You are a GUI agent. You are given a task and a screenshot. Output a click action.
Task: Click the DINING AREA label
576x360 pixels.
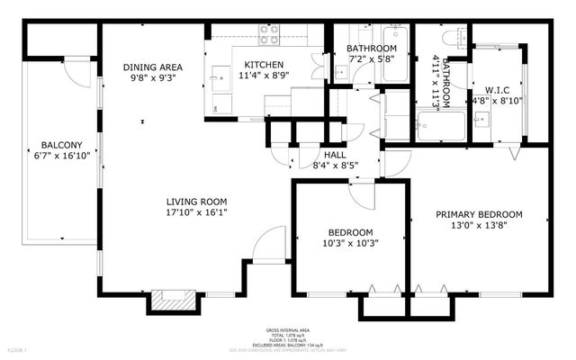point(152,66)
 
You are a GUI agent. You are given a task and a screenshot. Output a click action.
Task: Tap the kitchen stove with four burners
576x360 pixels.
point(270,34)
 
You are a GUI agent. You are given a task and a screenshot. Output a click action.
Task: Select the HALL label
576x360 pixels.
point(310,154)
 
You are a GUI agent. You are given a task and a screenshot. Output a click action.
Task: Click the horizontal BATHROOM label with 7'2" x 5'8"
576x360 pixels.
point(372,49)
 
